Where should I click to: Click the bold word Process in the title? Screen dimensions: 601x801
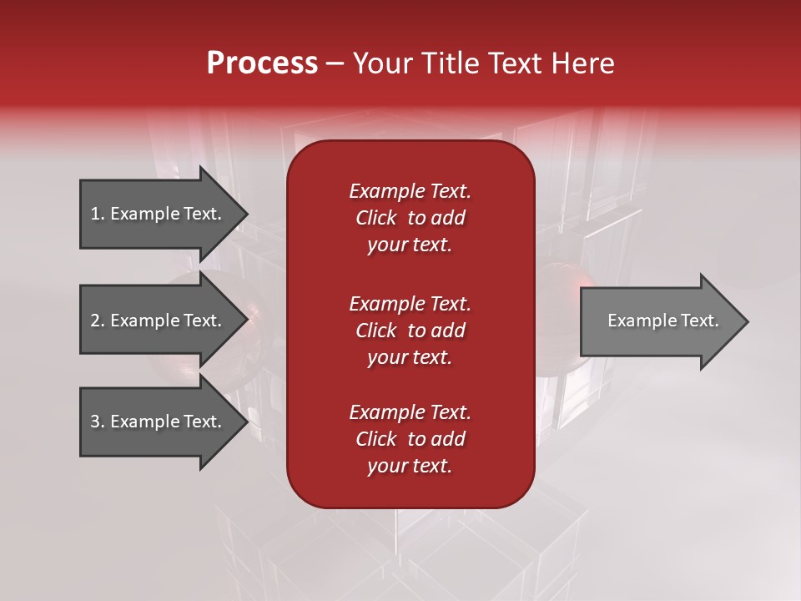tap(262, 63)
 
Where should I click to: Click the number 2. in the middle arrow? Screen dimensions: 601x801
tap(98, 321)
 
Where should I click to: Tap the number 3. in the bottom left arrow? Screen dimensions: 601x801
tap(98, 422)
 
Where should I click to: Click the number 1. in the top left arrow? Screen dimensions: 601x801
tap(98, 214)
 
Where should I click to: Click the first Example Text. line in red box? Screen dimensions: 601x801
tap(410, 191)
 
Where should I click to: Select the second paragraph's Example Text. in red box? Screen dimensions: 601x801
tap(410, 303)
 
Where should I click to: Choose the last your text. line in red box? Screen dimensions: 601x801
tap(410, 466)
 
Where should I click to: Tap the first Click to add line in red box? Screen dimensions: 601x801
tap(410, 218)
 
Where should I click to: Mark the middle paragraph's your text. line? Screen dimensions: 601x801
tap(410, 357)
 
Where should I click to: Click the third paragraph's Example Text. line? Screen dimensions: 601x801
tap(410, 412)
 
